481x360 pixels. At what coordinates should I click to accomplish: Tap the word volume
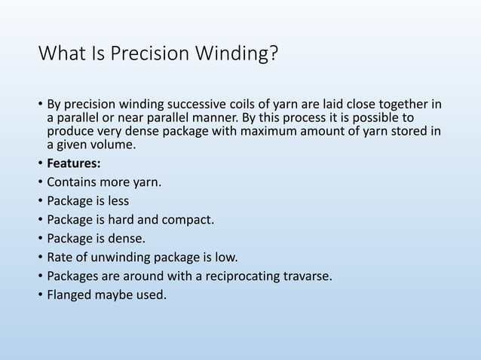(112, 145)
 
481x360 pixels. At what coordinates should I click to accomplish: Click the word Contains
(72, 182)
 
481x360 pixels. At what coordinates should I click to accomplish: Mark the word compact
(189, 221)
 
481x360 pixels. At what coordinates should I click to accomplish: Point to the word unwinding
(121, 257)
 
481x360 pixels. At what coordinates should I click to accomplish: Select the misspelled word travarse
(305, 276)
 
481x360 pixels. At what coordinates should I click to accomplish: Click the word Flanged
(71, 294)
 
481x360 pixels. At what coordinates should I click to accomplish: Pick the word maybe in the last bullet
(118, 294)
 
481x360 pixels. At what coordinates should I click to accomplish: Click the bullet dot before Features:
(40, 163)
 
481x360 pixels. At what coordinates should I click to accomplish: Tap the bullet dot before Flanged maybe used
(40, 294)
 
